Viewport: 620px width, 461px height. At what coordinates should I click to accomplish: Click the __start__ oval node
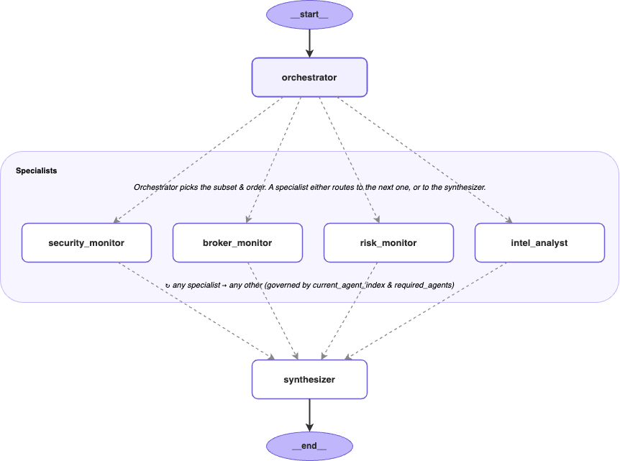pyautogui.click(x=309, y=14)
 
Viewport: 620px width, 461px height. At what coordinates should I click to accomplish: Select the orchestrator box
pyautogui.click(x=309, y=78)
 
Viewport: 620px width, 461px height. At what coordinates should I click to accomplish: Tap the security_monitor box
pyautogui.click(x=86, y=243)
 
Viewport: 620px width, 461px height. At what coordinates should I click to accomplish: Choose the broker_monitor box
pyautogui.click(x=237, y=243)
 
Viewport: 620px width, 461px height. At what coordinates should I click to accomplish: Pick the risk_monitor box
pyautogui.click(x=388, y=243)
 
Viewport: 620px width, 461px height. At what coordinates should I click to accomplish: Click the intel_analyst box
pyautogui.click(x=539, y=243)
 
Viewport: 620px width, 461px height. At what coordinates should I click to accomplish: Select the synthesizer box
pyautogui.click(x=309, y=380)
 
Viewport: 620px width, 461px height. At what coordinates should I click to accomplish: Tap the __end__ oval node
pyautogui.click(x=309, y=446)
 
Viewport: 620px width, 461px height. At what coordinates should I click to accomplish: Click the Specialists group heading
pyautogui.click(x=37, y=170)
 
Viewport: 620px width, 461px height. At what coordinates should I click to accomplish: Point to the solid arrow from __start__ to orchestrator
pyautogui.click(x=309, y=43)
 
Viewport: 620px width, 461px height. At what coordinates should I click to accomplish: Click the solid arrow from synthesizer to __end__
pyautogui.click(x=309, y=415)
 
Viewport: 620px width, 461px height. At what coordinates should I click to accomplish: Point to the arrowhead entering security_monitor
pyautogui.click(x=117, y=220)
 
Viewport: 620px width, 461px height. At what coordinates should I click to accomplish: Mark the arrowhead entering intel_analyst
pyautogui.click(x=509, y=220)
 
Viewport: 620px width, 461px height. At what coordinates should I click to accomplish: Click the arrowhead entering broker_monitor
pyautogui.click(x=248, y=219)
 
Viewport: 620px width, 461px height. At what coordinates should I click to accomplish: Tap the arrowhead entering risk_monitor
pyautogui.click(x=377, y=219)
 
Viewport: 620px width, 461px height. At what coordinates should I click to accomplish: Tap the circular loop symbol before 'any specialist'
pyautogui.click(x=168, y=286)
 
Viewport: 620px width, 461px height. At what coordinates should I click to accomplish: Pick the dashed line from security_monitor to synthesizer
pyautogui.click(x=196, y=311)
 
